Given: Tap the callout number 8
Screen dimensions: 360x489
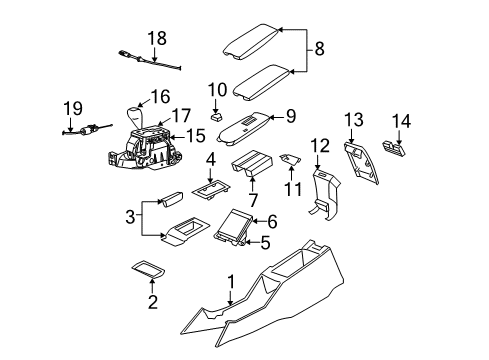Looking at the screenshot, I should (319, 48).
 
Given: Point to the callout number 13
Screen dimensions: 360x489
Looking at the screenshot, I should (353, 121).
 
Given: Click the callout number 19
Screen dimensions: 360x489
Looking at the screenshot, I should (72, 107).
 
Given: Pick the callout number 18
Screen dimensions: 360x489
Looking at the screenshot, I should (156, 39).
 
